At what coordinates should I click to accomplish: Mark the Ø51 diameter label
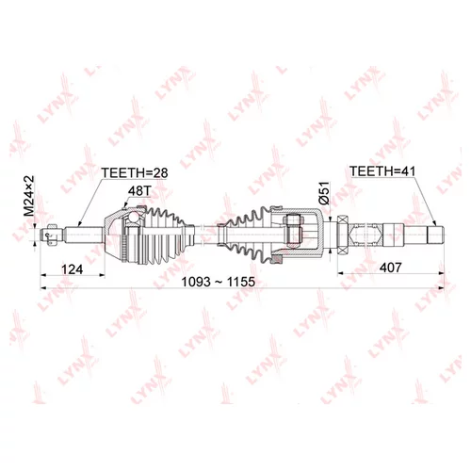click(x=324, y=196)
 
